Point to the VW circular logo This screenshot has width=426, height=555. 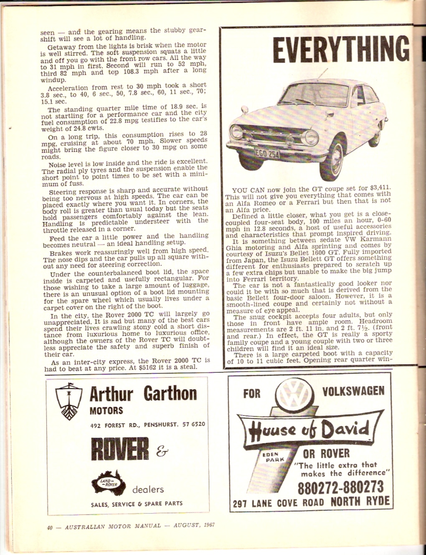pyautogui.click(x=296, y=394)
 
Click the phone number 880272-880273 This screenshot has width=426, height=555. pyautogui.click(x=341, y=487)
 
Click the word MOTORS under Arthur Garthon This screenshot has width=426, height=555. pyautogui.click(x=106, y=411)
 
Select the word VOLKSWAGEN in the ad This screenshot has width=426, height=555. pyautogui.click(x=353, y=391)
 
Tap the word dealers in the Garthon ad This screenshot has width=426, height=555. pyautogui.click(x=148, y=489)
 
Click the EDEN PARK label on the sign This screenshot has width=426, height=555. pyautogui.click(x=274, y=456)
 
